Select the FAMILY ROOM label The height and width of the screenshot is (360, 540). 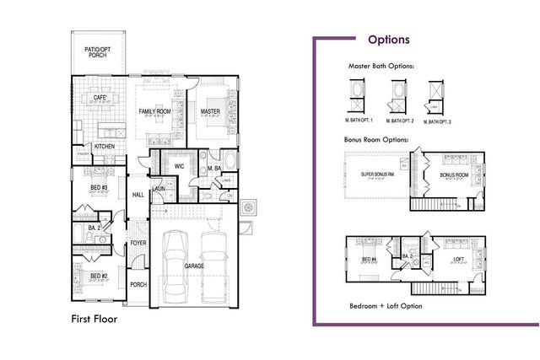click(x=155, y=111)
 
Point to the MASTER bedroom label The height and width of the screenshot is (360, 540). click(x=210, y=111)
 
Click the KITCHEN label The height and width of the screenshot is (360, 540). click(x=105, y=146)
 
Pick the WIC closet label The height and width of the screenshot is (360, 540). click(x=179, y=166)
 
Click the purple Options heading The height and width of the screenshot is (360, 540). click(x=389, y=40)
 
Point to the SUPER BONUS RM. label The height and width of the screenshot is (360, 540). click(x=379, y=175)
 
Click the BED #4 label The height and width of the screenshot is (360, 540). click(x=368, y=259)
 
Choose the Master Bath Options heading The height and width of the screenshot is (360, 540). click(x=381, y=65)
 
